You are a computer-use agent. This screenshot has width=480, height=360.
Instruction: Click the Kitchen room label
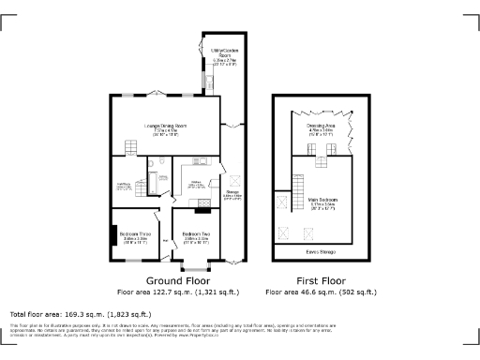pos(198,185)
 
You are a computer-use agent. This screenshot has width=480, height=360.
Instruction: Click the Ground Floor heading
pos(176,280)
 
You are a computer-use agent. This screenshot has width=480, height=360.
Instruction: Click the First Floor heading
pos(315,280)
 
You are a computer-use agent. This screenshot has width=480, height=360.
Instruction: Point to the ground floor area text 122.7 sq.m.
pos(176,292)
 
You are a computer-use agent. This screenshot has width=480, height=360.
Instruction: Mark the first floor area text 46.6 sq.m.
pos(315,292)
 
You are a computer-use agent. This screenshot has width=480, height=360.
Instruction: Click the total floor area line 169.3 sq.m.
pos(71,313)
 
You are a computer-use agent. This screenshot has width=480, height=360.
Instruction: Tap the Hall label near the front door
pos(165,241)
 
